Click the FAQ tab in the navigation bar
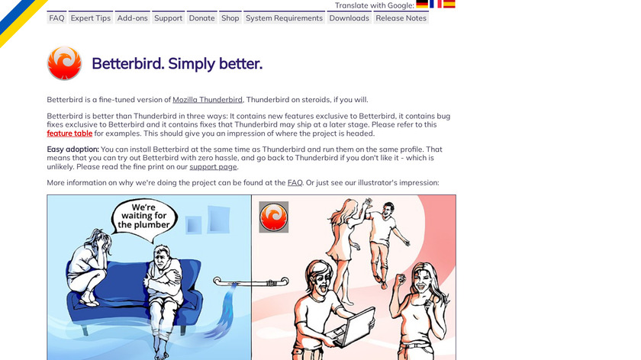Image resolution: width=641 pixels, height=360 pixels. [x=56, y=18]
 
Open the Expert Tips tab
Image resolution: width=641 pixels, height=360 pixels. [x=91, y=18]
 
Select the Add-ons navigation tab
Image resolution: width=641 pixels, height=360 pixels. [x=133, y=18]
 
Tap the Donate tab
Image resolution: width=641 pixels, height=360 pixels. [x=202, y=18]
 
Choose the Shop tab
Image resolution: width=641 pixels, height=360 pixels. [x=230, y=18]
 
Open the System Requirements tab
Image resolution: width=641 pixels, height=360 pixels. [x=284, y=18]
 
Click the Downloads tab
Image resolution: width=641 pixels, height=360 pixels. [x=349, y=18]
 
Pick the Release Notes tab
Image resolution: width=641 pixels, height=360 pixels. [x=401, y=18]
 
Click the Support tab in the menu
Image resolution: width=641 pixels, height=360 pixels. [x=169, y=18]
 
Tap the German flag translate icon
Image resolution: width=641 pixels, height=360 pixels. [x=422, y=4]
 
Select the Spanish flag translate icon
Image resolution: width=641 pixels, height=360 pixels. [x=449, y=4]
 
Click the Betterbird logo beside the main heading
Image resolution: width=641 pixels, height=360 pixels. [x=64, y=63]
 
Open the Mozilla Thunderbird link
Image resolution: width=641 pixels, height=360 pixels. [x=208, y=100]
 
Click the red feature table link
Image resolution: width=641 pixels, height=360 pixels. [x=69, y=133]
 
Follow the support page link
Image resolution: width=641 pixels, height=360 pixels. [x=213, y=167]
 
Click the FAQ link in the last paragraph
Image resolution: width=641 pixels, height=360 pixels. [x=295, y=182]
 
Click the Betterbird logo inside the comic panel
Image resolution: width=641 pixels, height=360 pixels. [x=273, y=217]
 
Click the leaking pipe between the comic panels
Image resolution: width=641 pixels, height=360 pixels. [x=251, y=282]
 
